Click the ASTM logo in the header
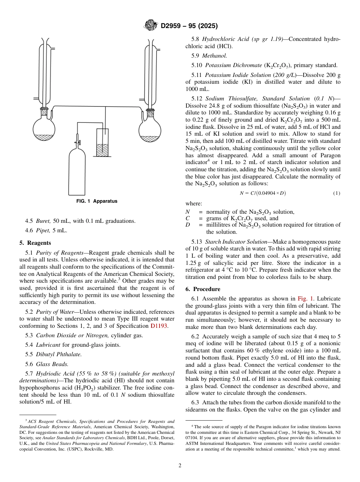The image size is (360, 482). [x=150, y=26]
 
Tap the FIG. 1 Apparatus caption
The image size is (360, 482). [x=97, y=201]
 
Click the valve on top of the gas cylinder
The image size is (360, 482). [x=79, y=143]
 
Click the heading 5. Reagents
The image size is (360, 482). [x=35, y=243]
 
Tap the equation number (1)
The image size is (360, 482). [x=337, y=193]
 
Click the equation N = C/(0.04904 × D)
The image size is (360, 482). [x=263, y=193]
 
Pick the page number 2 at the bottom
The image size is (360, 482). [x=180, y=466]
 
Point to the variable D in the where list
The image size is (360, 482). [x=188, y=225]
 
